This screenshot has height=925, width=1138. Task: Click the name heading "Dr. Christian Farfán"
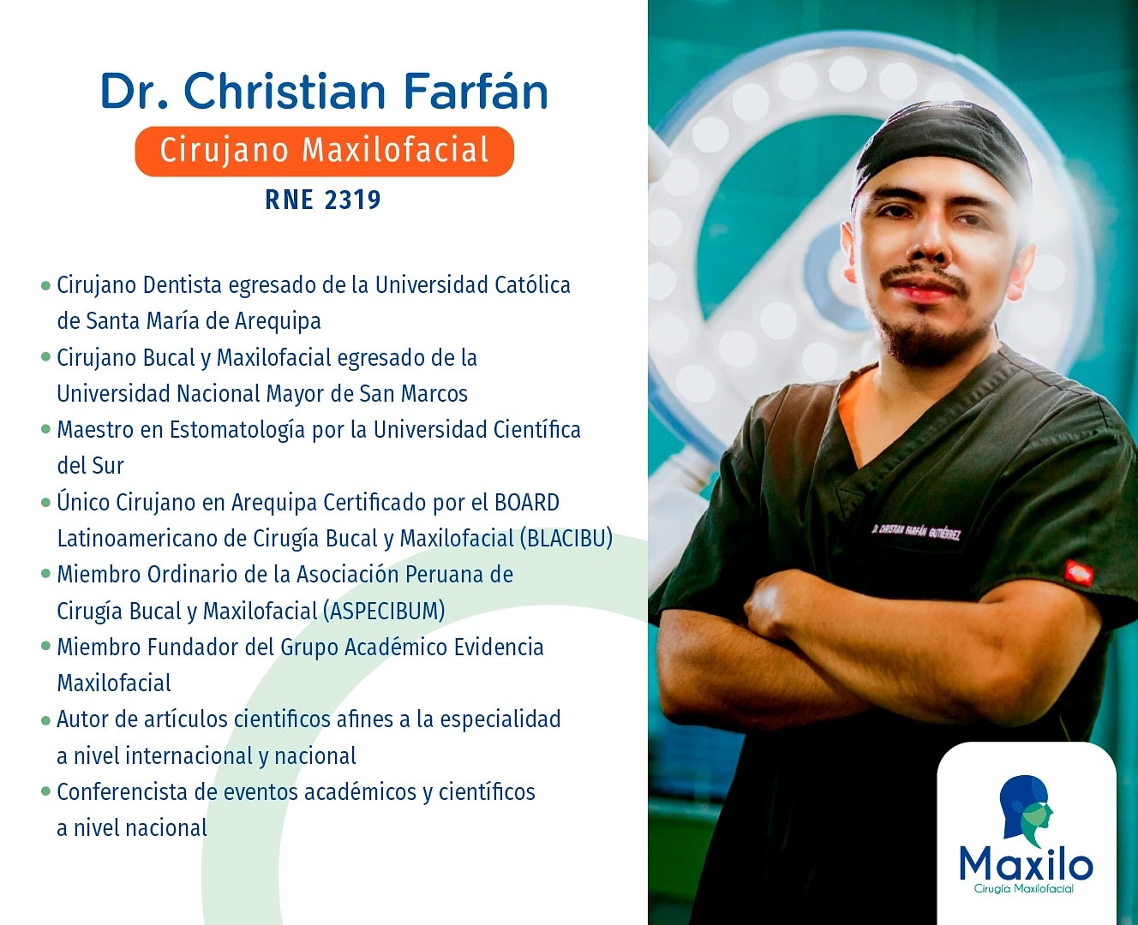click(324, 91)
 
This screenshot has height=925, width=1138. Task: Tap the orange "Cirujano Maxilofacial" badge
click(324, 151)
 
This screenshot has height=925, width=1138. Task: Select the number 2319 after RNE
click(352, 200)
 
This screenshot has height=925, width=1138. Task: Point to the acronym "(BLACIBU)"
click(566, 539)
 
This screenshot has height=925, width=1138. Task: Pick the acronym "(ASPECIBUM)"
click(384, 611)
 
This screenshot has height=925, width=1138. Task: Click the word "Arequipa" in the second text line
click(278, 321)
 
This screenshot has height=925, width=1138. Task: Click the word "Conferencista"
click(123, 792)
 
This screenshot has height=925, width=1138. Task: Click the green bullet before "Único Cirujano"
click(45, 503)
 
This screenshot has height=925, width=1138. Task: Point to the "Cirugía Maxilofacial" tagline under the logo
click(1024, 889)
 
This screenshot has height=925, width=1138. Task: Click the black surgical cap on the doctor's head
click(942, 152)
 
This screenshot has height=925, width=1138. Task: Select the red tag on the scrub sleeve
click(1079, 571)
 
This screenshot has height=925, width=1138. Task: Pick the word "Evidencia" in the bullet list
click(499, 647)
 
